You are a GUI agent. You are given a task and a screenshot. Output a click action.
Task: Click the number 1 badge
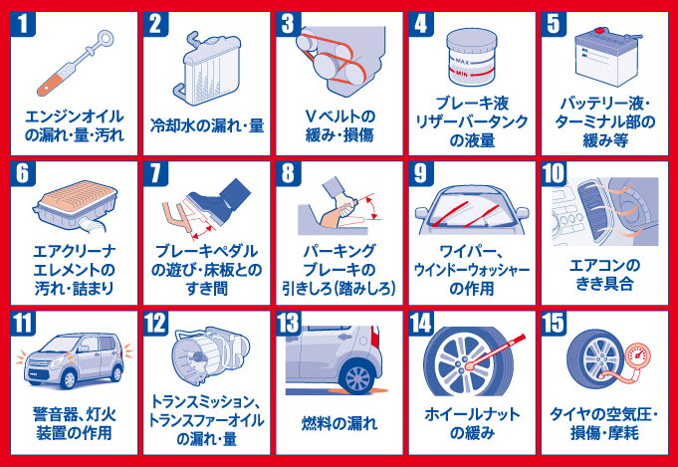tap(23, 24)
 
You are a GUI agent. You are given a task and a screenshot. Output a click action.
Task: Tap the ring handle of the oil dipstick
tap(106, 39)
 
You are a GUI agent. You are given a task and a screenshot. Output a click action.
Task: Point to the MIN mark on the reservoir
tap(462, 74)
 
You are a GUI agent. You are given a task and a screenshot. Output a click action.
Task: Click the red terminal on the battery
tap(599, 31)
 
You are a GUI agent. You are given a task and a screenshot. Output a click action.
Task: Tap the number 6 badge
tap(23, 173)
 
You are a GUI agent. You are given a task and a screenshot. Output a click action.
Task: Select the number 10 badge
tap(554, 173)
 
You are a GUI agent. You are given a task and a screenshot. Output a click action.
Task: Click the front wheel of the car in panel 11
tap(69, 379)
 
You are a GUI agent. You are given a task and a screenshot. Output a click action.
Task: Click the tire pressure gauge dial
tap(637, 354)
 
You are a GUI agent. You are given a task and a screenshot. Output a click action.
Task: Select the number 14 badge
tap(421, 323)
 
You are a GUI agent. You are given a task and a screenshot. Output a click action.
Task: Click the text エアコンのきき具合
tap(604, 275)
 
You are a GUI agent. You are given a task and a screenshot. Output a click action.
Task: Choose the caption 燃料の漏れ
tap(339, 423)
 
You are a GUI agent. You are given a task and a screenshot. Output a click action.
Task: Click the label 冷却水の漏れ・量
tap(207, 125)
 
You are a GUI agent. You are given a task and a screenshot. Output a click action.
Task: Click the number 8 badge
tap(289, 173)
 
